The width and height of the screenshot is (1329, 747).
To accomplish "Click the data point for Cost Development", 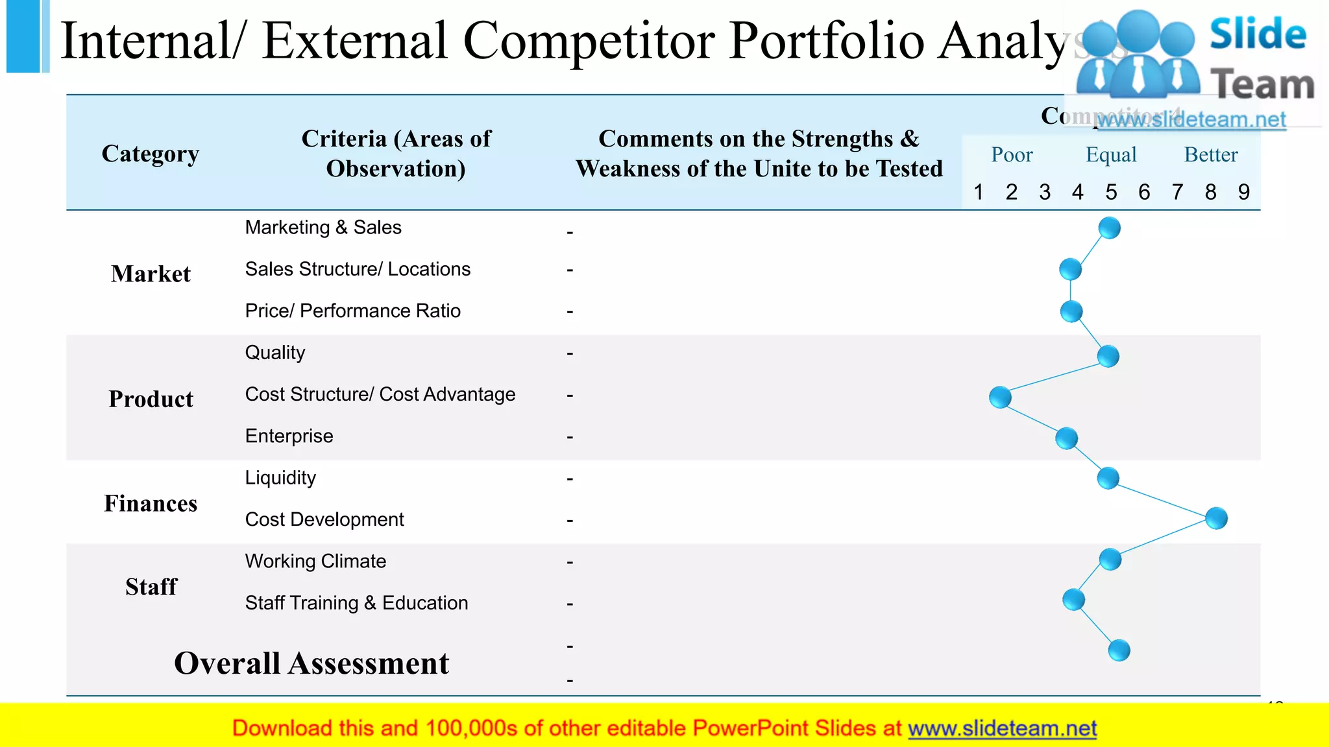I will pos(1216,518).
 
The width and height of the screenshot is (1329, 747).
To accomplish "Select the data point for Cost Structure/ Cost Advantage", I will pos(1000,397).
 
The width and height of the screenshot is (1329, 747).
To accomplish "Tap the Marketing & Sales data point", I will pos(1110,228).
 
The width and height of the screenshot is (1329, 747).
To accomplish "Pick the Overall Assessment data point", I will pos(1119,650).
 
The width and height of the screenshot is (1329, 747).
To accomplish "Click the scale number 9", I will pos(1243,192).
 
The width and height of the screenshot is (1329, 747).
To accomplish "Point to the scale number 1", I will pos(979,192).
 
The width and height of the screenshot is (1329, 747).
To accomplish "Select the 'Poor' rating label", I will pos(1012,155).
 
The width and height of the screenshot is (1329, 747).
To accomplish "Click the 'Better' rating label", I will pos(1211,155).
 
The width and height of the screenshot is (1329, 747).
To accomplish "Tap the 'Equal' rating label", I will pos(1111,155).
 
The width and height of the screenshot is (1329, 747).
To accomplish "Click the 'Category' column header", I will pos(151,154).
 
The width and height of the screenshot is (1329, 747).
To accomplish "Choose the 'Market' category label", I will pos(151,274).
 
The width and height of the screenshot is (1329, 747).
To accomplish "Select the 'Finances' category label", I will pos(151,503).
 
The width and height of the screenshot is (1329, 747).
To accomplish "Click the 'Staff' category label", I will pos(151,587).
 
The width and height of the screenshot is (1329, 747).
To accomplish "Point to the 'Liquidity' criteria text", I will pos(280,478).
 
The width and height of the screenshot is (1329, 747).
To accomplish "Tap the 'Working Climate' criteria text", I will pos(315,561).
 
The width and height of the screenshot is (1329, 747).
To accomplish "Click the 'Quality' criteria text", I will pos(275,353).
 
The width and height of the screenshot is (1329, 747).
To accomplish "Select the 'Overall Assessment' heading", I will pos(311,663).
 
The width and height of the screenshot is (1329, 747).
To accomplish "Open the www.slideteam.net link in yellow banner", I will pos(1002,728).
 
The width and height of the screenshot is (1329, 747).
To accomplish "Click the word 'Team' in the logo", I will pos(1262,85).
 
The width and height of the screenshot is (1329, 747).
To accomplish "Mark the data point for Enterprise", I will pos(1066,438).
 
